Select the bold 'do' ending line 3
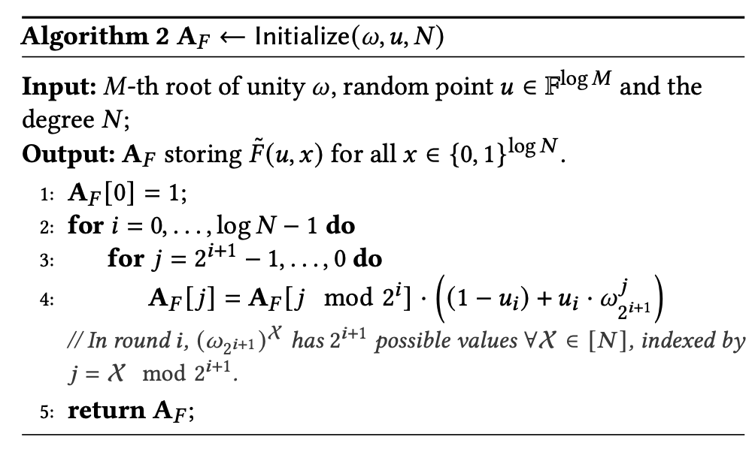(x=368, y=260)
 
